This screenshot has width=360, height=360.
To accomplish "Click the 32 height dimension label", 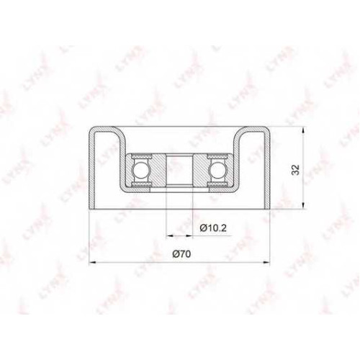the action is coord(296,170).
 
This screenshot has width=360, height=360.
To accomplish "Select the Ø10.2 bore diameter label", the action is coord(213,228).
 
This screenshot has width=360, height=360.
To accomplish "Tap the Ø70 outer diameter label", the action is coord(181,254).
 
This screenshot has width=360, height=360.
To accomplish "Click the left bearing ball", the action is coord(140,170).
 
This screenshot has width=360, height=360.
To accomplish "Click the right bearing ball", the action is coord(215,170).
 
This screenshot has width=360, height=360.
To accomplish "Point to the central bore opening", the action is coord(179,170).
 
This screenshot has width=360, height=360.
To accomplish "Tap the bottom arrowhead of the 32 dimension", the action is coord(304,205).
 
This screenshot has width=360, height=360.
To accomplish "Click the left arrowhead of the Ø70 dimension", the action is coord(92,263).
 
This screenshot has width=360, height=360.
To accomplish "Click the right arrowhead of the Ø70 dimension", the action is coord(266,263).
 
